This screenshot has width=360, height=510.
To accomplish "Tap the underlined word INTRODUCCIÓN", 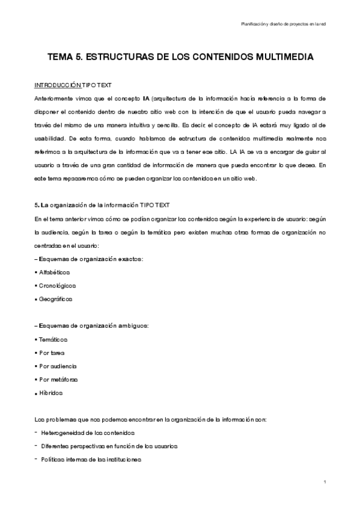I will tap(57, 85).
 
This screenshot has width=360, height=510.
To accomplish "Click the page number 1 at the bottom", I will tap(324, 482).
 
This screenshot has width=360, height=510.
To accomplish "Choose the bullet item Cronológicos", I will tap(57, 285).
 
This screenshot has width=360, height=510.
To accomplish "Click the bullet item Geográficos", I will tap(56, 298).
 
